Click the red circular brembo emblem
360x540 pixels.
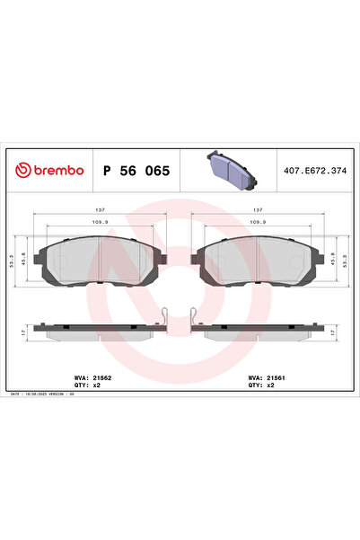tap(21, 169)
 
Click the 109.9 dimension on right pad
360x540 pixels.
tap(258, 222)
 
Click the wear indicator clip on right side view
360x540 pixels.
tap(194, 317)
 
